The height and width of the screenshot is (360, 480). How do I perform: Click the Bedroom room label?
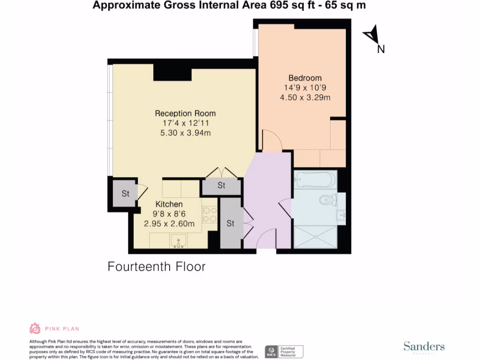tap(305, 78)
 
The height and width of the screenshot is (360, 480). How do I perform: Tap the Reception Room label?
tap(185, 113)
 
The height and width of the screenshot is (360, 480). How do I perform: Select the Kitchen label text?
tap(169, 204)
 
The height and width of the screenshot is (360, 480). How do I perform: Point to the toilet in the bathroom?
tap(326, 201)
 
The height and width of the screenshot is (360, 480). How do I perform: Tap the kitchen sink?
tap(179, 241)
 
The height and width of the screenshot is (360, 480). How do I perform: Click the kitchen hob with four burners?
tap(209, 214)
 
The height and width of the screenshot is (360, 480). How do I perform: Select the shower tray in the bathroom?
tap(315, 238)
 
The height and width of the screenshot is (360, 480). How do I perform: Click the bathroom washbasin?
tap(341, 215)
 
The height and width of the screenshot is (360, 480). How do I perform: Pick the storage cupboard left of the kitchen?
tap(124, 193)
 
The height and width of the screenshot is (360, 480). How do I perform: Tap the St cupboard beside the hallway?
tap(230, 224)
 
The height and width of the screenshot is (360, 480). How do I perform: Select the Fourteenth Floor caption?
tap(157, 267)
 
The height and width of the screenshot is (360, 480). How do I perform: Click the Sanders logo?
tap(424, 347)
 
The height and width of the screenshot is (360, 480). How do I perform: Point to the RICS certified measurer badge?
tap(284, 351)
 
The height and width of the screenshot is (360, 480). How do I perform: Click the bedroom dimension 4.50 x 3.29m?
tap(305, 97)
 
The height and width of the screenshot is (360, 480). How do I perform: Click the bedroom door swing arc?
tap(271, 140)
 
